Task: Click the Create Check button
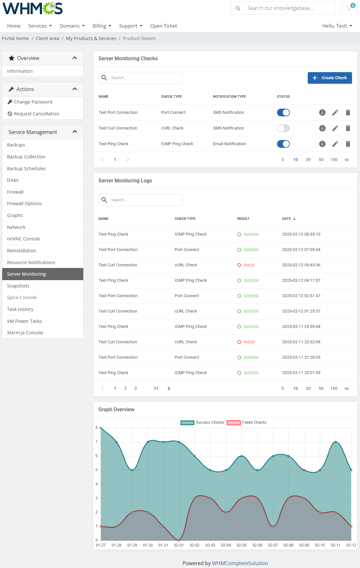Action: tap(330, 78)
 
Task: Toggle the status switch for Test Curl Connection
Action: tap(283, 128)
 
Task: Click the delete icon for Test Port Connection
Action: tap(348, 113)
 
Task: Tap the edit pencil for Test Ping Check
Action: tap(335, 144)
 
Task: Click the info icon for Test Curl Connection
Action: tap(322, 128)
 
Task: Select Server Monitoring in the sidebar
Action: tap(26, 274)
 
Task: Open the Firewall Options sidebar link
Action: tap(24, 204)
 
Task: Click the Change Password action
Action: tap(33, 102)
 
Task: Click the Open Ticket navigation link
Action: tap(163, 26)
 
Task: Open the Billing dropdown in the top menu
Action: tap(102, 26)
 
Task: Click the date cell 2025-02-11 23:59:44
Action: tap(301, 327)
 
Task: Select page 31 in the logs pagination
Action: tap(156, 388)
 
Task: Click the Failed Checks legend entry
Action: tap(247, 422)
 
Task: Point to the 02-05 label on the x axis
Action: tap(242, 545)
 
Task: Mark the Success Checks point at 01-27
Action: tap(101, 428)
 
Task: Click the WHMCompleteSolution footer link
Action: tap(240, 563)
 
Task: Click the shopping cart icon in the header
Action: tap(349, 8)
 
